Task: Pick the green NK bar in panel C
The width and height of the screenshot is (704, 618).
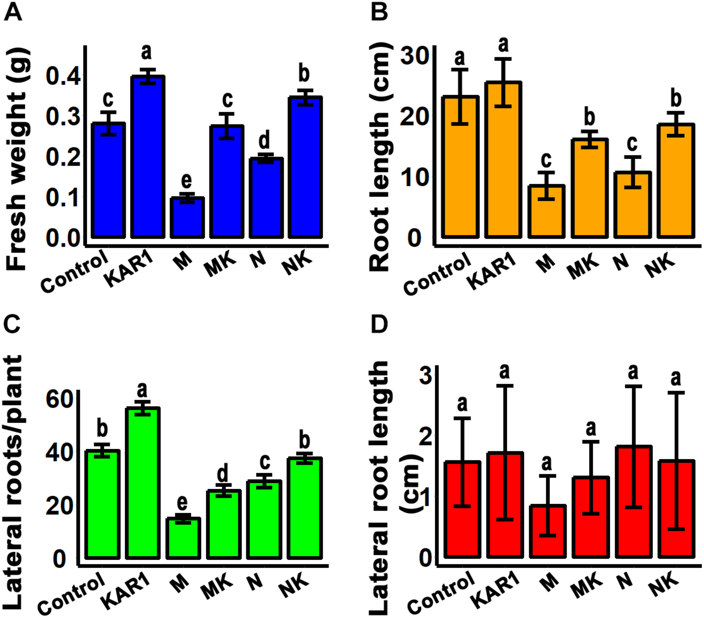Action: coord(305,509)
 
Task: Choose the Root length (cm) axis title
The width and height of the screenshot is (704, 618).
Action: coord(379,158)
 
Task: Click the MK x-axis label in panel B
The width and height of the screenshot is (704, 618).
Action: coord(583,267)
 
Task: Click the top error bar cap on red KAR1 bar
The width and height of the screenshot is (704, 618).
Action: coord(505,386)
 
